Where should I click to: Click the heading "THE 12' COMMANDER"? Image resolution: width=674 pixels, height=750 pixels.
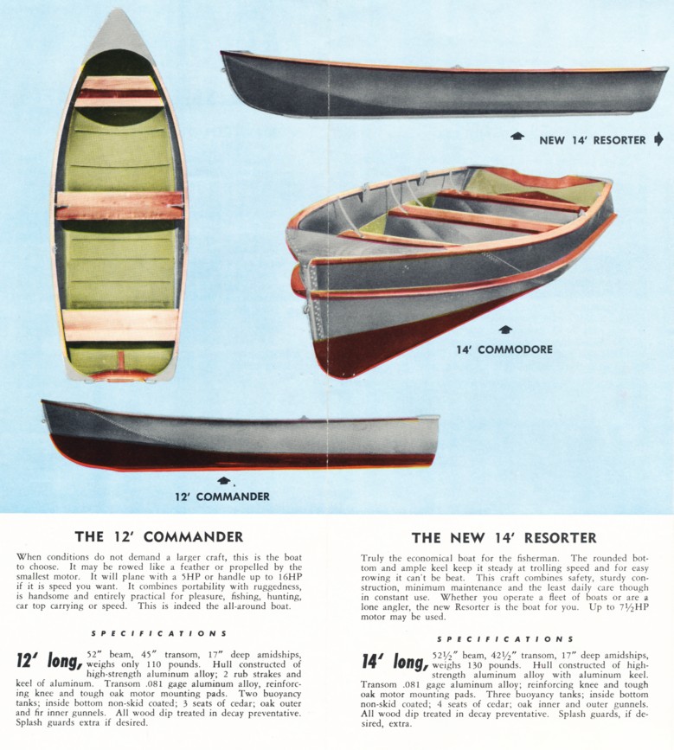coord(159,536)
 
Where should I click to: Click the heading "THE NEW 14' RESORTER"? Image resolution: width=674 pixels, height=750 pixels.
coord(504,538)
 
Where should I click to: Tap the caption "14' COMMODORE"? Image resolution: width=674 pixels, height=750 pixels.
coord(504,349)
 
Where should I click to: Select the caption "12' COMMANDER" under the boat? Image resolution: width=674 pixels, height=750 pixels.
coord(222,497)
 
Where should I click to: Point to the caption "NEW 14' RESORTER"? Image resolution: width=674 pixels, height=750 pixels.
coord(592,140)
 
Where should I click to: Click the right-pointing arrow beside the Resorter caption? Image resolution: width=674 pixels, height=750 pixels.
coord(658,139)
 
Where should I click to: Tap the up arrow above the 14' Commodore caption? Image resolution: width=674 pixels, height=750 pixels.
coord(505,330)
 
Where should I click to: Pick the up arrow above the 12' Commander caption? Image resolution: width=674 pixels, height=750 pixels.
coord(223,480)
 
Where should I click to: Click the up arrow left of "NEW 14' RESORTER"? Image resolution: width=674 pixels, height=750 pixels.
coord(517,137)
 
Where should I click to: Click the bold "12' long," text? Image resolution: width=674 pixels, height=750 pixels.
coord(49,661)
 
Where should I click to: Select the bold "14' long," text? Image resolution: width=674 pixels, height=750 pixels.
coord(395,662)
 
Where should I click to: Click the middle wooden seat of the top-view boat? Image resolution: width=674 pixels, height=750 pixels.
coord(119,206)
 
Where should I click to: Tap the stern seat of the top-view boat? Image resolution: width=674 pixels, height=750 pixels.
coord(120,325)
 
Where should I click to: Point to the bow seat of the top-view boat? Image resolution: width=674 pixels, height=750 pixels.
coord(119,92)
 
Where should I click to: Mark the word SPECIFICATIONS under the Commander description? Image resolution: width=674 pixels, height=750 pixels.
coord(159,633)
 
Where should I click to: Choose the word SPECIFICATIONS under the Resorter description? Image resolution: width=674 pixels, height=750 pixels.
coord(504,639)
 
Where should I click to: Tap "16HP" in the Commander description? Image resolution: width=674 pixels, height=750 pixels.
coord(291,576)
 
